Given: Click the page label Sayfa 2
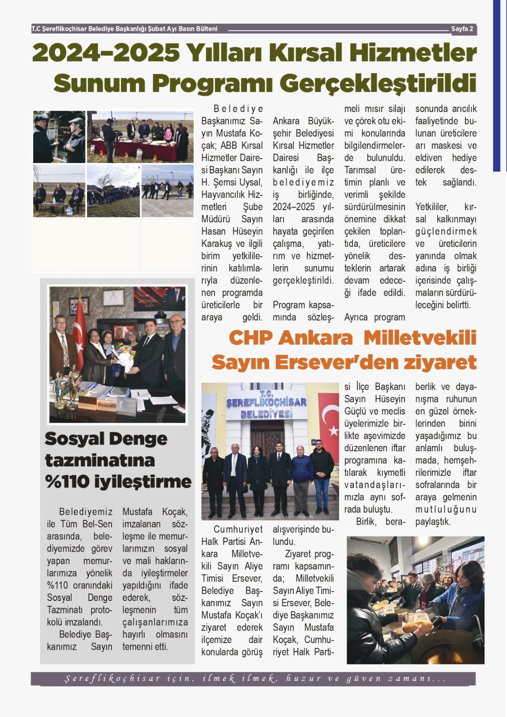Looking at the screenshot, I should (x=462, y=29).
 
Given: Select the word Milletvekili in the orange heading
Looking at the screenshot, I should (x=420, y=338).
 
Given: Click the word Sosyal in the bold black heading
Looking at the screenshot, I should (x=74, y=439).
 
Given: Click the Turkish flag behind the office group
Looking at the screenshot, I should (x=80, y=332).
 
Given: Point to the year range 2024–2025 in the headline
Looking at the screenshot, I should (x=106, y=53).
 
